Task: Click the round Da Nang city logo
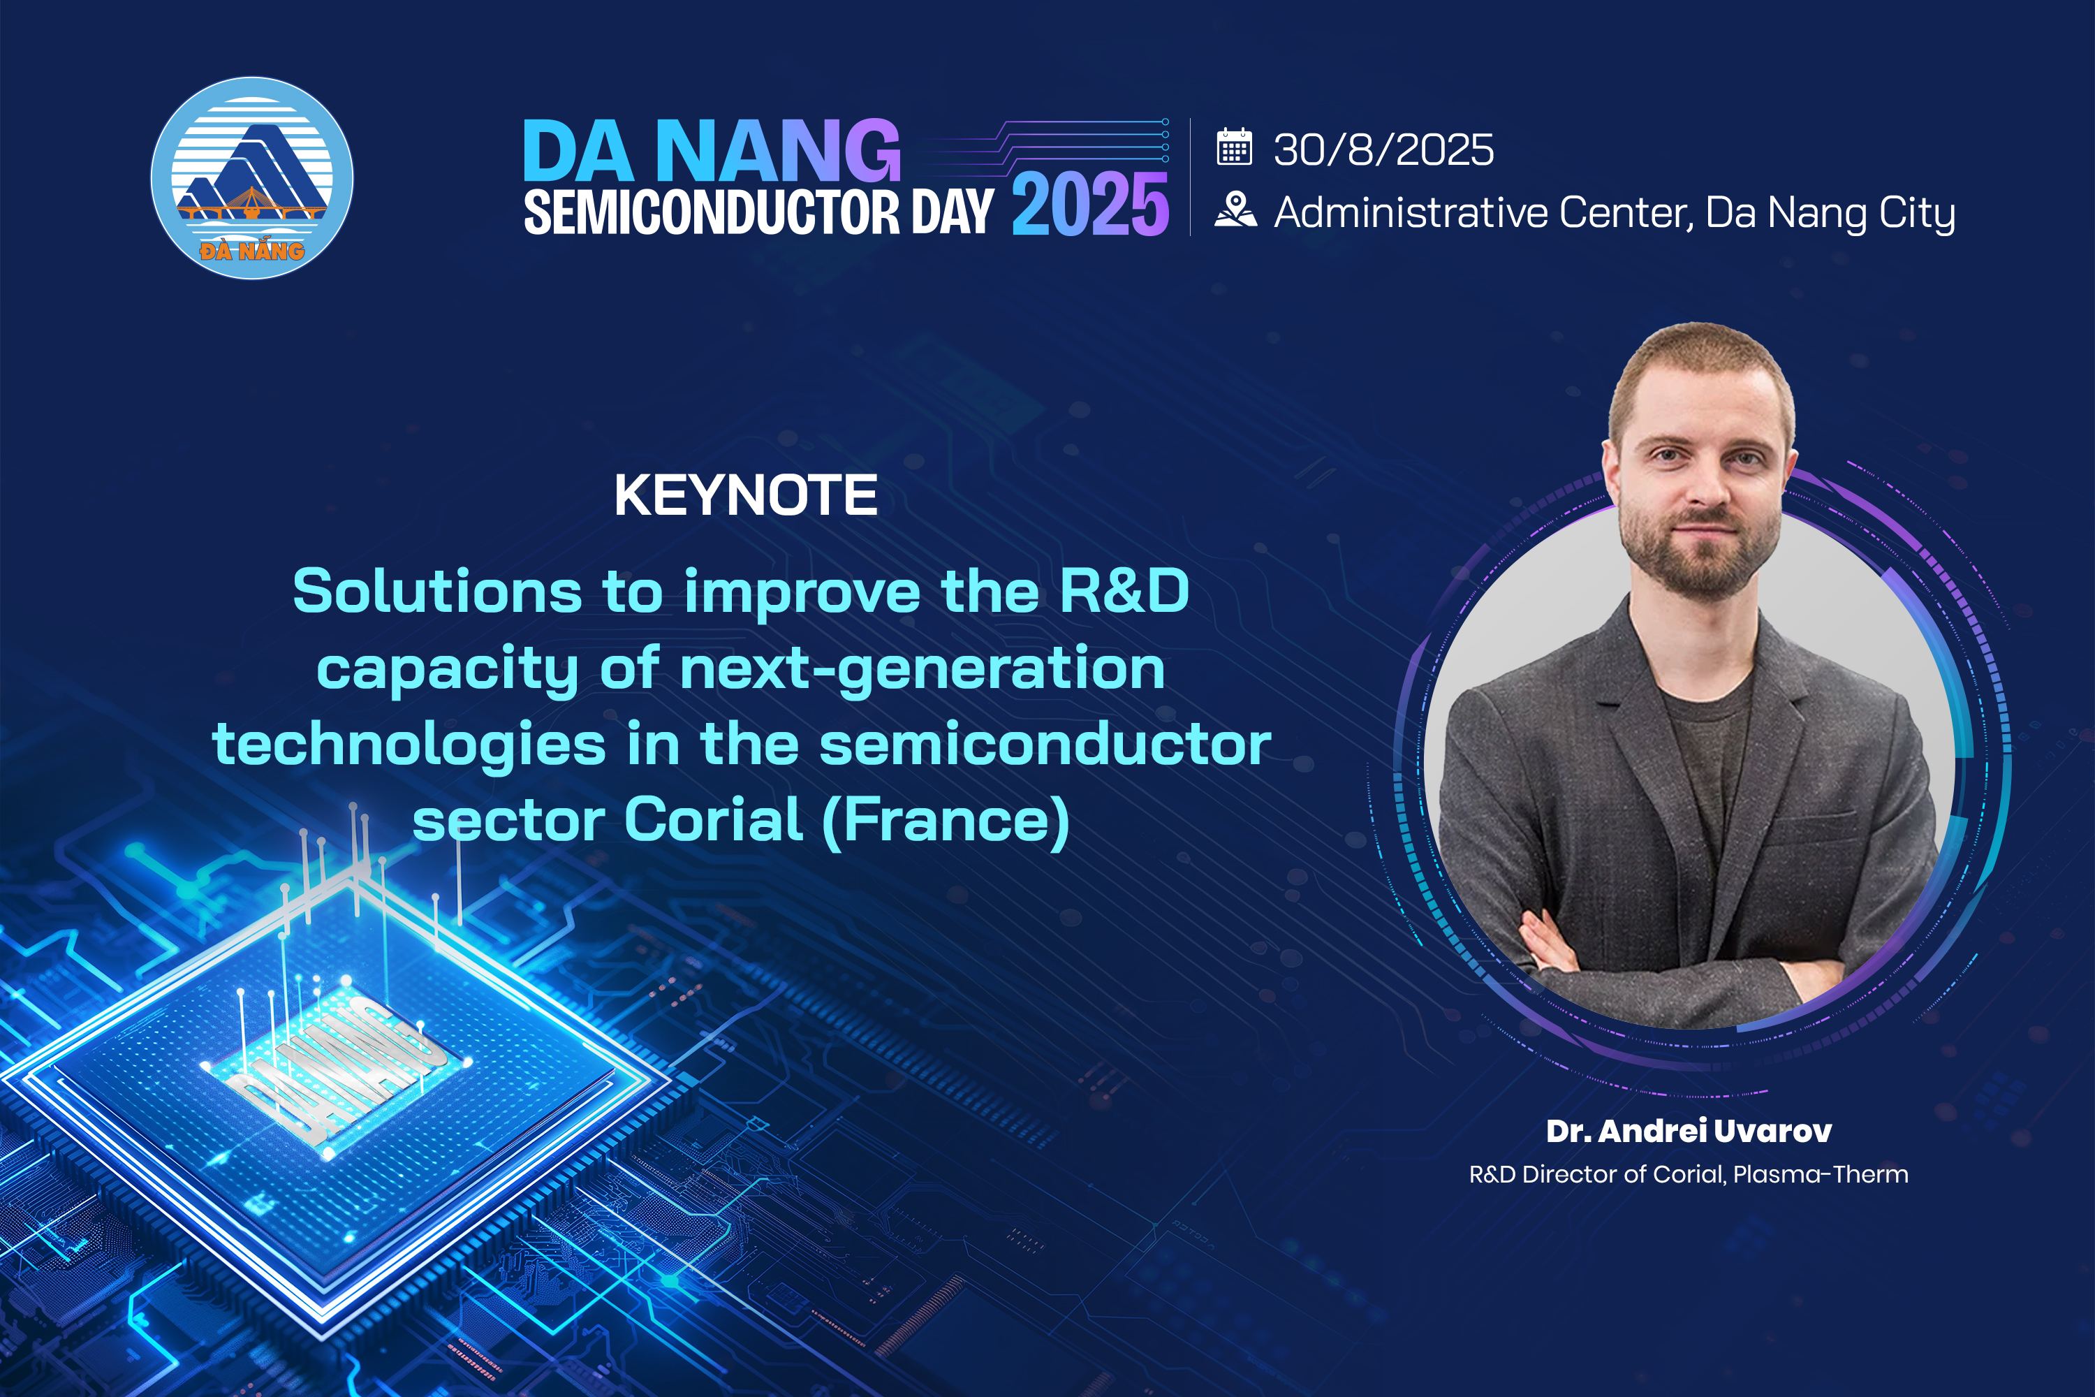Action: [x=252, y=178]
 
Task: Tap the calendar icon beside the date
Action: [x=1235, y=147]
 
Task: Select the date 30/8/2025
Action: [x=1383, y=149]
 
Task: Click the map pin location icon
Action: [x=1235, y=210]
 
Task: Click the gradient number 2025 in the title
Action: [x=1090, y=205]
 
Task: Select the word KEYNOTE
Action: [x=747, y=495]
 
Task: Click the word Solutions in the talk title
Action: [x=437, y=592]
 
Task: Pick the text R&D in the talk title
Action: [x=1124, y=592]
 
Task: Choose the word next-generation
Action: [x=922, y=670]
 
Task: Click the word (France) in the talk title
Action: [x=946, y=821]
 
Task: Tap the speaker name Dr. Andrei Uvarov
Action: [x=1689, y=1131]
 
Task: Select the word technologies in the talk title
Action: [x=409, y=746]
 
